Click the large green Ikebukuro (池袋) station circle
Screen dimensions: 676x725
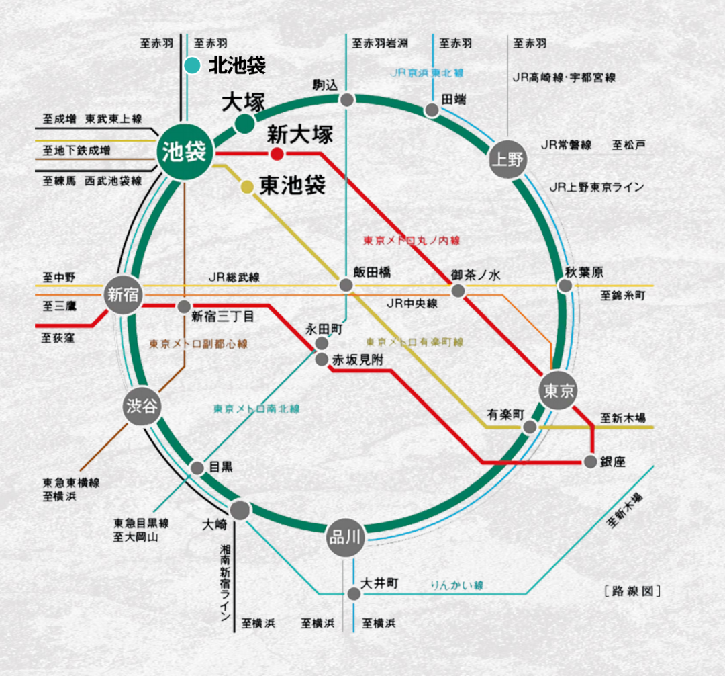coord(185,153)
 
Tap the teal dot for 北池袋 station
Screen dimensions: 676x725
coord(192,66)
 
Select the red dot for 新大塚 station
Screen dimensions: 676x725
coord(277,155)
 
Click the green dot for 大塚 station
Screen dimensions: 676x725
coord(244,124)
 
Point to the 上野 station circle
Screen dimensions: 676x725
coord(507,160)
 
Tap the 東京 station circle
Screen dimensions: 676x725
coord(559,390)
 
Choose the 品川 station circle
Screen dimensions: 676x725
coord(346,537)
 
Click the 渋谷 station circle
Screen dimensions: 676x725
coord(142,406)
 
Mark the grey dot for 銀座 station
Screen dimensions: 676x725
coord(590,462)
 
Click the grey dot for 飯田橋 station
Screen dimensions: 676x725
coord(346,286)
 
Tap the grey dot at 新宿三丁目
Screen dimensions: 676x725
coord(184,307)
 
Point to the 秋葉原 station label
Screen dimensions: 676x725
coord(584,272)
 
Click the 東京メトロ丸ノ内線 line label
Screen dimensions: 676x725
coord(412,240)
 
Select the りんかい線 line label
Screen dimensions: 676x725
coord(457,585)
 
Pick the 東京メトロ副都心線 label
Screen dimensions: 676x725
coord(198,344)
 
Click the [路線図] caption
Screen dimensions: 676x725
coord(632,592)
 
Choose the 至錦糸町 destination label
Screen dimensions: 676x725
coord(623,295)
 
